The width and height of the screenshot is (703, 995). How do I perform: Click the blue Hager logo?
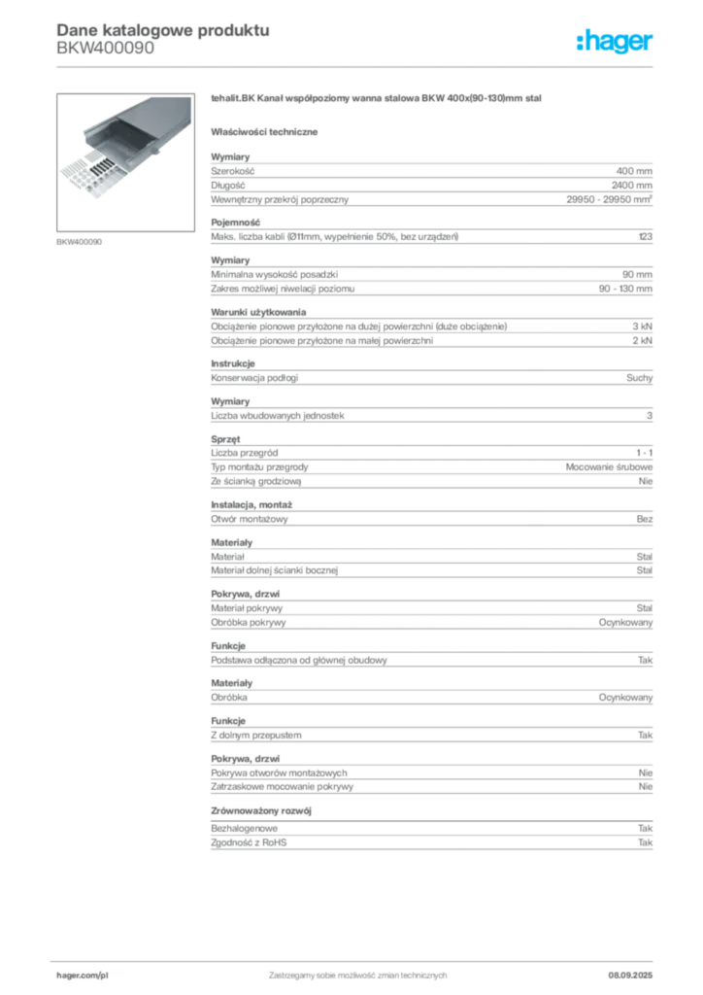tap(616, 43)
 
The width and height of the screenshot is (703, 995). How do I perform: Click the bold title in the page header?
tap(160, 30)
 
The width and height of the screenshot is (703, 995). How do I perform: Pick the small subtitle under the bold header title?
tap(104, 52)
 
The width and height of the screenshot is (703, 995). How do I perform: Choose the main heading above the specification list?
tap(375, 100)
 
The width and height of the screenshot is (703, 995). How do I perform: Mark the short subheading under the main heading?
tap(267, 131)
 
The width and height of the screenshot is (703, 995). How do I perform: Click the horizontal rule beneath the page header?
tap(357, 66)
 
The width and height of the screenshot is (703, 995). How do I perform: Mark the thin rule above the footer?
tap(357, 958)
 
